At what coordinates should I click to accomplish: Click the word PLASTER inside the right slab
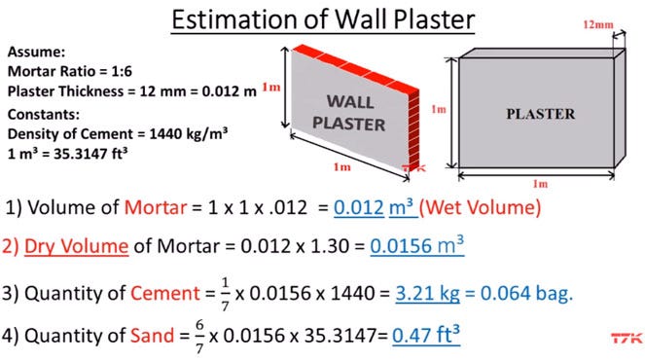point(540,114)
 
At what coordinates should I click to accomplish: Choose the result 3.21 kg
point(426,291)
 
